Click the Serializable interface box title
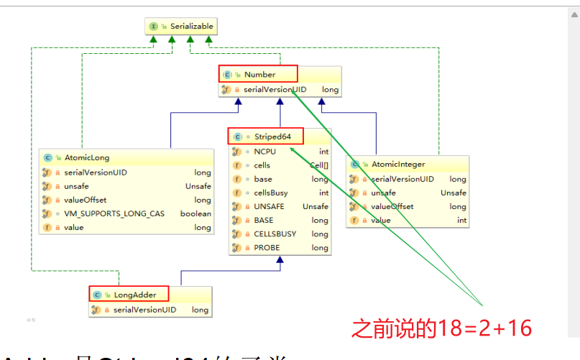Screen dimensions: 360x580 coord(191,27)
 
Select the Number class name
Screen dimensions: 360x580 coord(259,74)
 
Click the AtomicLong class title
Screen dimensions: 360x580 coord(86,157)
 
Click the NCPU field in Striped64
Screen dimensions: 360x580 coord(264,152)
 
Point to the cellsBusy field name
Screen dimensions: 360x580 coord(270,193)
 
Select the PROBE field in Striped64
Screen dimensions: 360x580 coord(267,248)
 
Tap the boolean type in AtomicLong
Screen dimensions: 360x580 coord(195,214)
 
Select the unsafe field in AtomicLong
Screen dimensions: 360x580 coord(77,186)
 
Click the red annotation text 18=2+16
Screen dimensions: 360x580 coord(441,328)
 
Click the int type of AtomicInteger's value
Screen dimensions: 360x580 coord(461,221)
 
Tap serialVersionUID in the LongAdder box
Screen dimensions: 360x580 coord(144,310)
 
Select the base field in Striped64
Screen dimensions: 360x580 coord(263,179)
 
